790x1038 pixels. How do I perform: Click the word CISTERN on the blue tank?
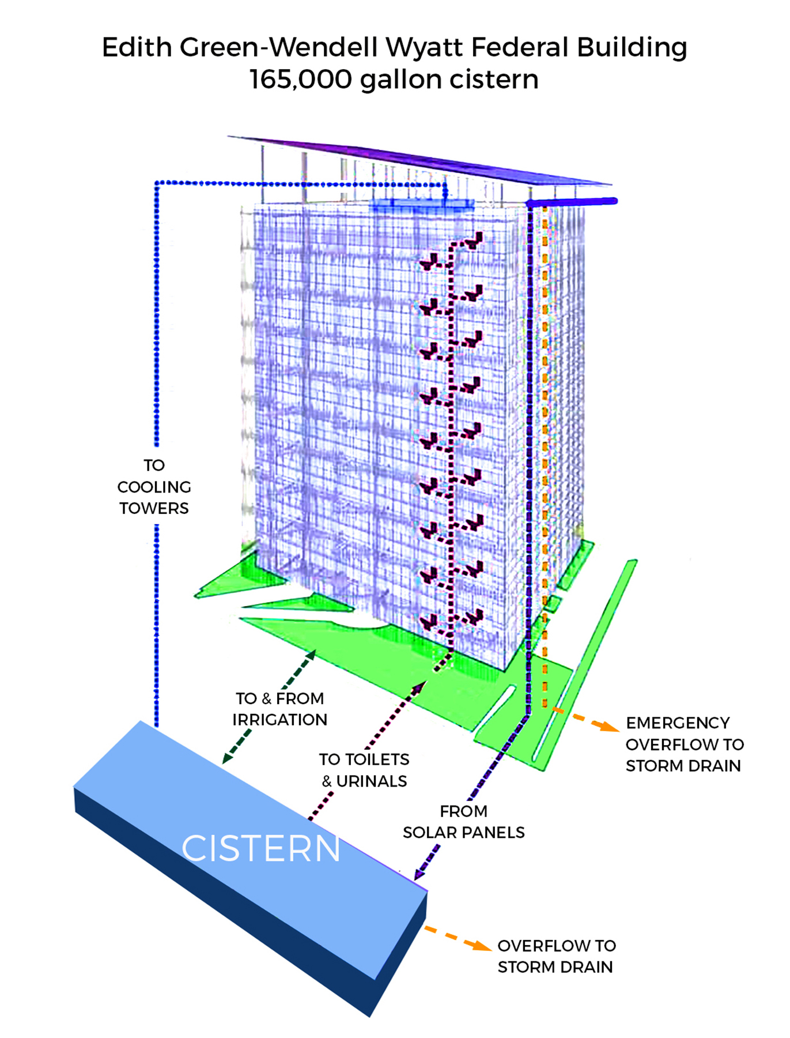pyautogui.click(x=260, y=848)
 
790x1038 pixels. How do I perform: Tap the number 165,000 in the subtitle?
pyautogui.click(x=300, y=79)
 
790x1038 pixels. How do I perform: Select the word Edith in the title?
pyautogui.click(x=137, y=47)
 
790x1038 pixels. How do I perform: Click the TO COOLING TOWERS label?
pyautogui.click(x=154, y=487)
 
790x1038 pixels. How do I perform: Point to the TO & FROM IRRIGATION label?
pyautogui.click(x=280, y=709)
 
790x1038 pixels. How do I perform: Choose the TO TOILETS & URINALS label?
pyautogui.click(x=364, y=770)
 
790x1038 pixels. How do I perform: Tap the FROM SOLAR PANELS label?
pyautogui.click(x=464, y=822)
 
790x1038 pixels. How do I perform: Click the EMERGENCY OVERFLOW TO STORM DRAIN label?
pyautogui.click(x=684, y=744)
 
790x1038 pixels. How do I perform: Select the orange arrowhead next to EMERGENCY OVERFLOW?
pyautogui.click(x=607, y=726)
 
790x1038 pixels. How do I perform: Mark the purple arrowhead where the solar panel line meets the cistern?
pyautogui.click(x=418, y=874)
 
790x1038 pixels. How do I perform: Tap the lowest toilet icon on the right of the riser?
pyautogui.click(x=474, y=617)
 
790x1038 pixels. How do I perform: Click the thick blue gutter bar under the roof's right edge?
pyautogui.click(x=572, y=202)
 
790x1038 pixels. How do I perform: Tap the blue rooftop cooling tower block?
pyautogui.click(x=422, y=205)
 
